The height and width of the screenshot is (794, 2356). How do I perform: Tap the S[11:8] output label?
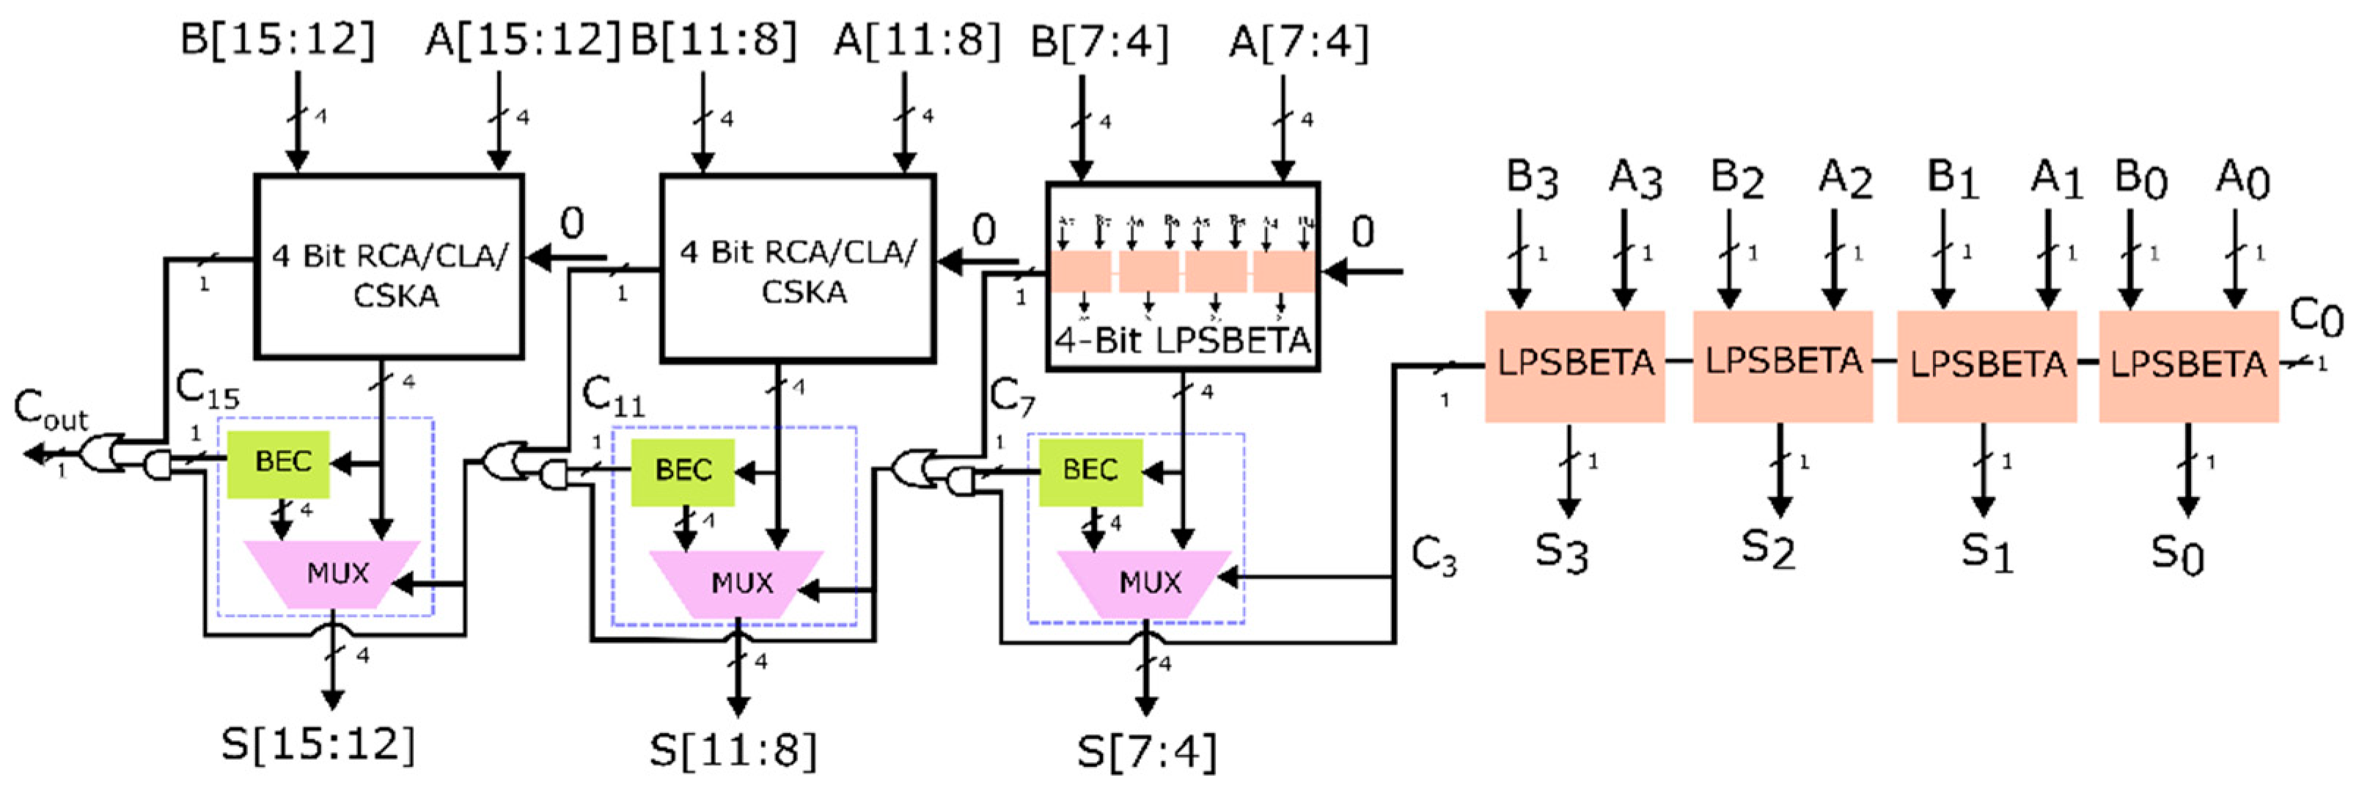coord(733,751)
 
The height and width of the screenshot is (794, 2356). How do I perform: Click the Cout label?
coord(51,409)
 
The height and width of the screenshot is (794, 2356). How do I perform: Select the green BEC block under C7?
coord(1090,471)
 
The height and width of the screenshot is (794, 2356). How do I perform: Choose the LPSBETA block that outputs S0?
coord(2188,366)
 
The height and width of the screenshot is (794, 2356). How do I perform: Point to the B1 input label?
coord(1952,178)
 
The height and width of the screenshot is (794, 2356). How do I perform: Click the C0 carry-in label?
coord(2316,317)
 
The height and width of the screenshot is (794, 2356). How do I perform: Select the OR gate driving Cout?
coord(103,452)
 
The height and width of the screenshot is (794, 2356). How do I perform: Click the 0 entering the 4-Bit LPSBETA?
coord(1362,232)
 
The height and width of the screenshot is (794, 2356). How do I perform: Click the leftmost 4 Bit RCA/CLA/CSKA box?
coord(389,265)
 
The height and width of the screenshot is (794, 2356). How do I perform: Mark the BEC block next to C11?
coord(682,471)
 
